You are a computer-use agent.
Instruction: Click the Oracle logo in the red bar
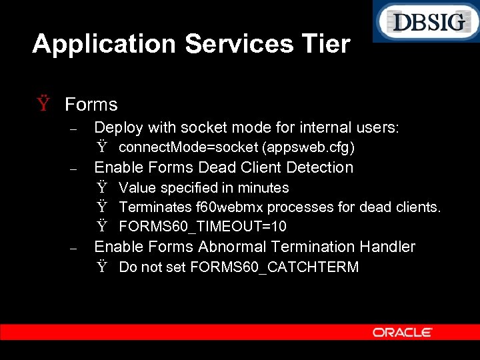[402, 332]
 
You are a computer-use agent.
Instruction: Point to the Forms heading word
[91, 105]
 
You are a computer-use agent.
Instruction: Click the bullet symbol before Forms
[44, 105]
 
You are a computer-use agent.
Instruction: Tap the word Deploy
[119, 127]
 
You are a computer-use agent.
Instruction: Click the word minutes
[264, 188]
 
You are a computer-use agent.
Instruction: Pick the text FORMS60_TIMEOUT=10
[203, 227]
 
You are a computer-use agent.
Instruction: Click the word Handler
[387, 247]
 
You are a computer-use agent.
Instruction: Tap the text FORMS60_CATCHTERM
[274, 267]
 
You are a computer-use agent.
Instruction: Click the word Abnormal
[229, 247]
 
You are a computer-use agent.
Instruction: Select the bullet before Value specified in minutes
[102, 188]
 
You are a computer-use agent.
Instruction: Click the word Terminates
[153, 207]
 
